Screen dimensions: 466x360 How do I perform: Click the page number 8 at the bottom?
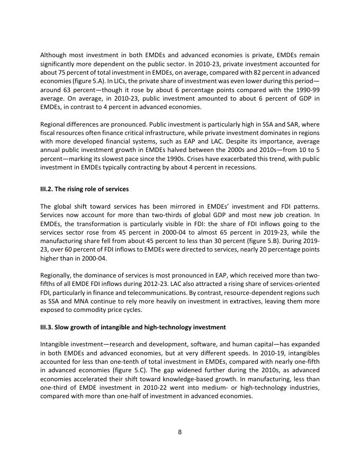point(180,432)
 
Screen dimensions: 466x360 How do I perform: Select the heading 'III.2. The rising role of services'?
point(84,189)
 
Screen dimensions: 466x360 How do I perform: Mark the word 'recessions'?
point(238,168)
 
